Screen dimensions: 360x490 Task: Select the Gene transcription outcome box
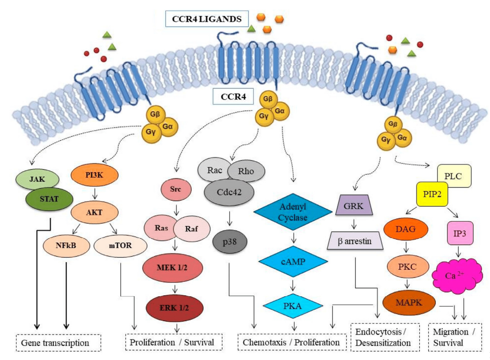[59, 342]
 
